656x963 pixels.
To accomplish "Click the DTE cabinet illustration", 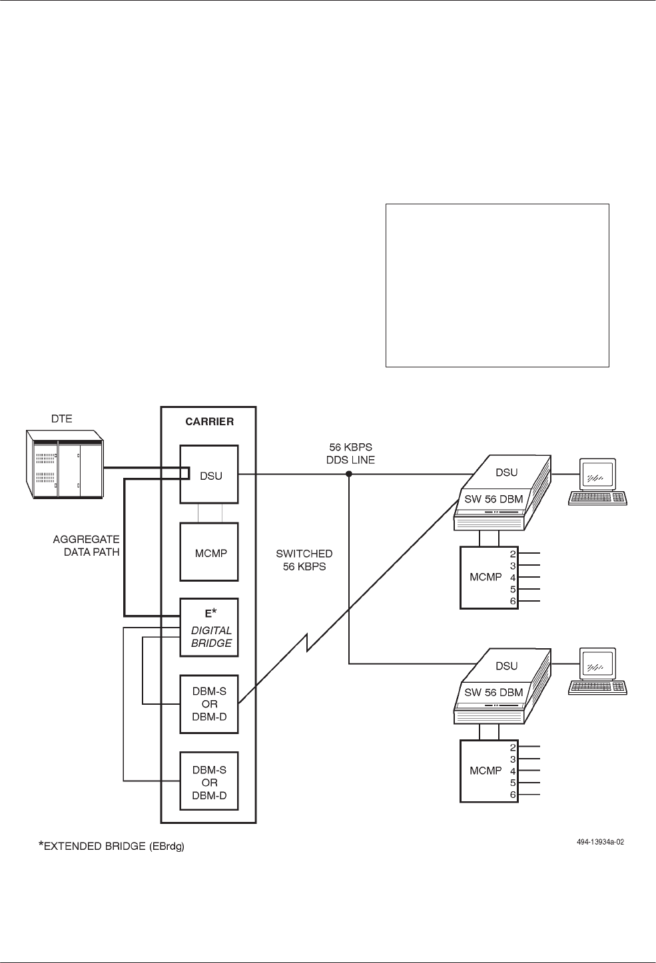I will pos(64,463).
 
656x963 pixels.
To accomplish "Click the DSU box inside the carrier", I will pos(209,475).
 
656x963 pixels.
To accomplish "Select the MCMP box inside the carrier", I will pos(209,554).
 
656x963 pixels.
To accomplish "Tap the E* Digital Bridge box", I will pos(209,628).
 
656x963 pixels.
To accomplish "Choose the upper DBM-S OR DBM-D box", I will pos(209,704).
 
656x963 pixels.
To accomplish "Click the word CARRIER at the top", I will pos(209,422).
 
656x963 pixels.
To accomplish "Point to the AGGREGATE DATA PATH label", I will pos(86,546).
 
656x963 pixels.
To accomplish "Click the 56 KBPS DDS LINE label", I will pos(352,453).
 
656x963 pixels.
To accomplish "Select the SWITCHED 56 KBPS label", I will pos(304,560).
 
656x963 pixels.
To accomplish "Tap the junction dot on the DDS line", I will pos(348,475).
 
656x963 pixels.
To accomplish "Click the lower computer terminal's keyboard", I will pos(597,688).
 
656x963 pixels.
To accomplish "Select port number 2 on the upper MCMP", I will pos(513,554).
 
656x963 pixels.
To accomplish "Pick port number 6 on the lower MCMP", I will pos(513,795).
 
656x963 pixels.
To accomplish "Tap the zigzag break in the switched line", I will pos(307,644).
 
